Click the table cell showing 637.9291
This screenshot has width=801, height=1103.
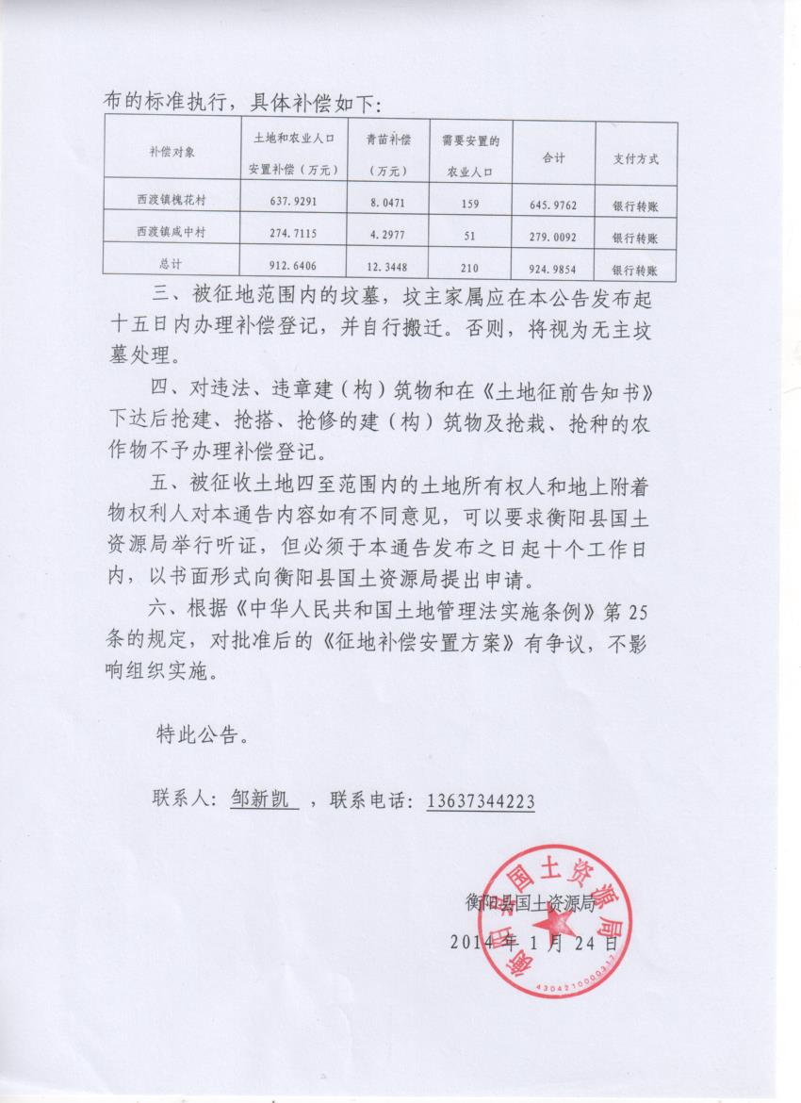click(x=293, y=201)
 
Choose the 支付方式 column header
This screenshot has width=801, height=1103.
click(x=635, y=158)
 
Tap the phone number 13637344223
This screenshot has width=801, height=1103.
click(x=481, y=801)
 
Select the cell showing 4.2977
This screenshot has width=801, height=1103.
click(x=388, y=234)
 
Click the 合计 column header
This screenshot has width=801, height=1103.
click(x=552, y=158)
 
